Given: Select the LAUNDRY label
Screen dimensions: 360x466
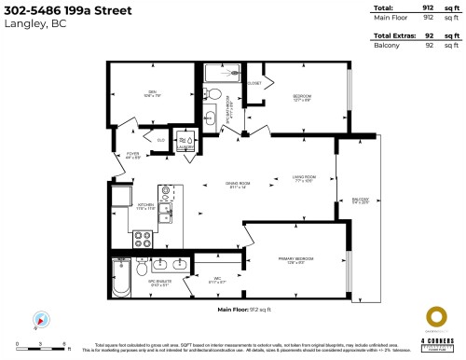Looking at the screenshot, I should click(x=185, y=145).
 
